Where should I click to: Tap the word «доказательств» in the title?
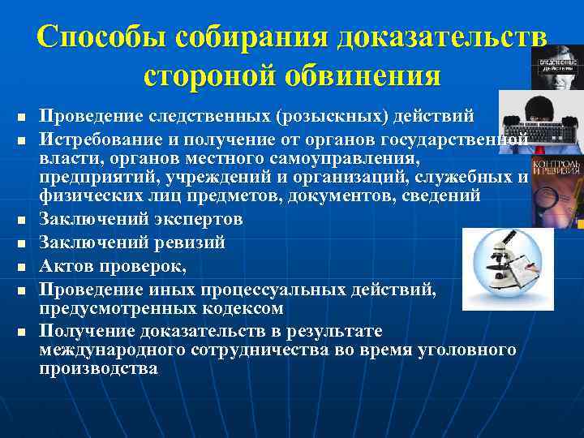[x=443, y=38]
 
